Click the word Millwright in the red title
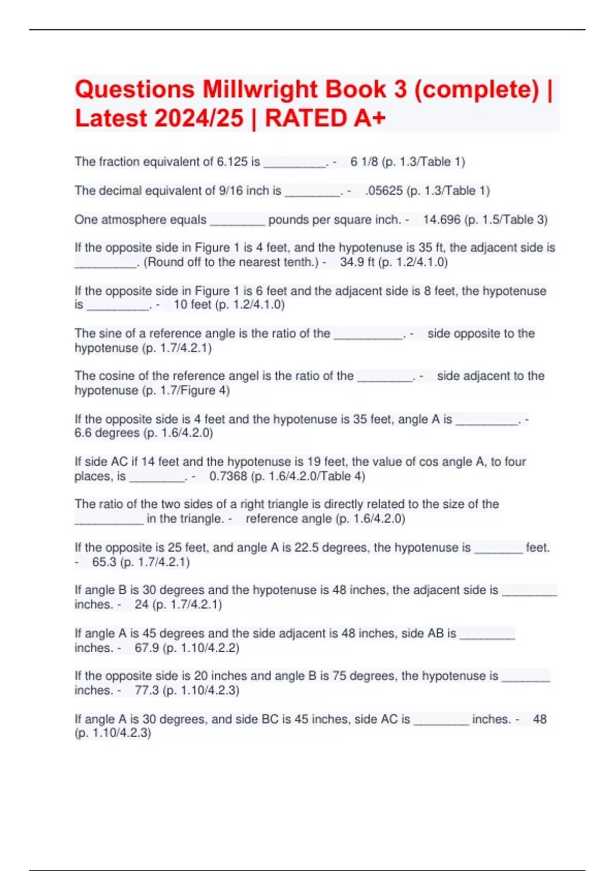click(x=294, y=89)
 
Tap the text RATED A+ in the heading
click(x=325, y=118)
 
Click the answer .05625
click(x=383, y=191)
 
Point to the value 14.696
click(x=442, y=220)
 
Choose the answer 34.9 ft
click(x=357, y=262)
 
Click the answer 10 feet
click(x=192, y=305)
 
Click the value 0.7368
click(x=228, y=476)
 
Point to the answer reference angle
click(x=289, y=519)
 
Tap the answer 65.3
click(x=104, y=562)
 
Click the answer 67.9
click(x=147, y=648)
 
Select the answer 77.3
click(x=147, y=690)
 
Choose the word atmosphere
click(x=140, y=220)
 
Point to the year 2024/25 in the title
click(x=198, y=118)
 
